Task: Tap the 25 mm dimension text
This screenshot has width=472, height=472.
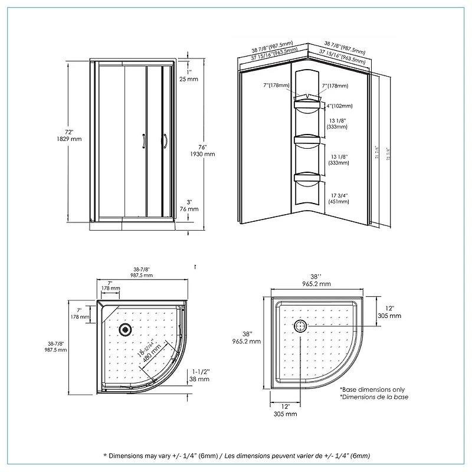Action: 189,78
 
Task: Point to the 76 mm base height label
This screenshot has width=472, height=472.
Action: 189,209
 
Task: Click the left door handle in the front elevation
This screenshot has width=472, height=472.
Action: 143,140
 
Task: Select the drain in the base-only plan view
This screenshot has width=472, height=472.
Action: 300,326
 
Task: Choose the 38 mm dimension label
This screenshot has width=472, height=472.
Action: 201,379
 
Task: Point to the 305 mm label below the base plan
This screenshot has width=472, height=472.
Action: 286,414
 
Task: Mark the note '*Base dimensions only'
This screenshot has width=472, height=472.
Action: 373,389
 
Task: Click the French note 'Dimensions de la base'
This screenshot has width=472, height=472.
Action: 374,397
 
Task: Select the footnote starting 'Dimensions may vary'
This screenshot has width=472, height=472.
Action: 236,456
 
